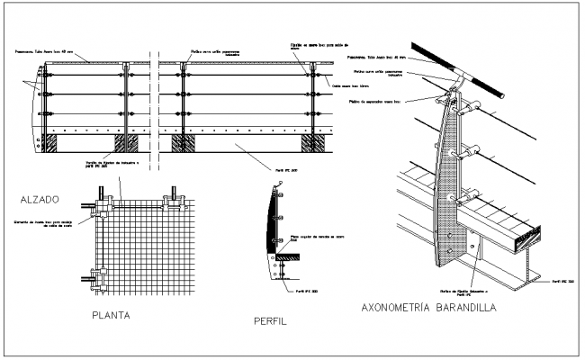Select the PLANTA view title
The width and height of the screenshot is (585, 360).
[x=113, y=315]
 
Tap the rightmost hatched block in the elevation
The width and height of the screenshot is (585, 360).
[x=316, y=142]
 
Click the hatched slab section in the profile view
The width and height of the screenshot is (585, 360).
[x=289, y=257]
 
